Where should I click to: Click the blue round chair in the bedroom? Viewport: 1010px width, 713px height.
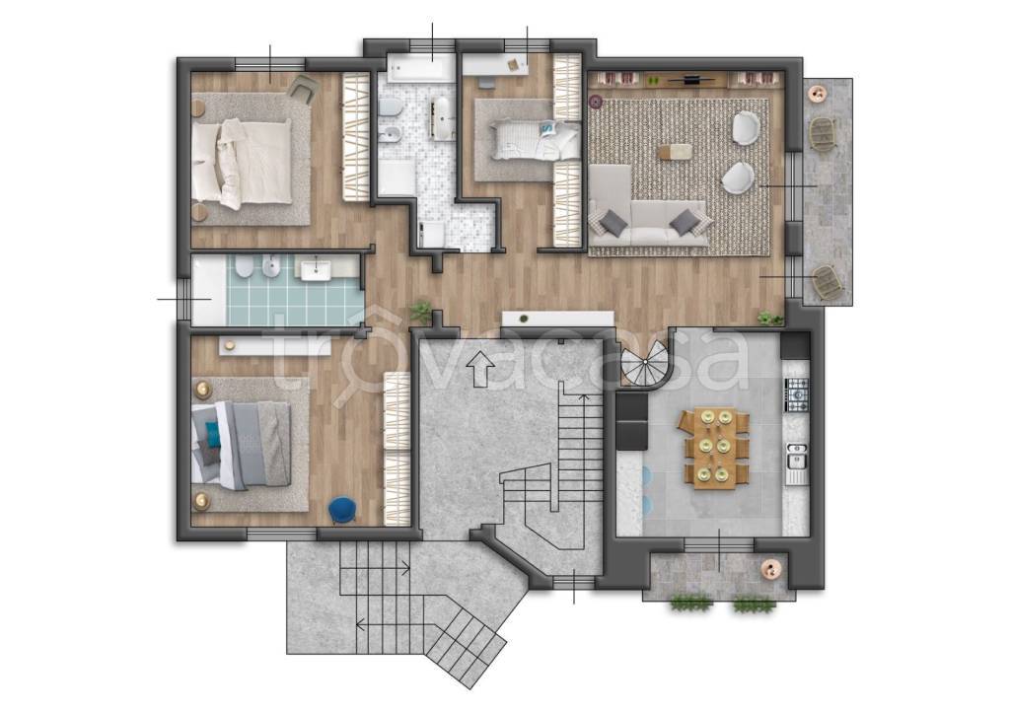click(x=343, y=510)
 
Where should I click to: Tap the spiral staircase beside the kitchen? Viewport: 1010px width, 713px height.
click(x=645, y=365)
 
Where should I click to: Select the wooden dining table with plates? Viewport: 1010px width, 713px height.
click(x=714, y=449)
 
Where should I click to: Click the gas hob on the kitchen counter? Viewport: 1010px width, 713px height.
click(x=796, y=394)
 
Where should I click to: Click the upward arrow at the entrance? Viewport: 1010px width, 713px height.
click(x=480, y=369)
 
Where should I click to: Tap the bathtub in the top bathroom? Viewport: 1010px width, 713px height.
click(x=420, y=68)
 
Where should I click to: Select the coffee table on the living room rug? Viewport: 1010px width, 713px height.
click(x=675, y=152)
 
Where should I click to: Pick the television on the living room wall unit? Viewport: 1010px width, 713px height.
click(x=691, y=80)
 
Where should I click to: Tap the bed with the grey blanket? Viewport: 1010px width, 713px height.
click(x=241, y=445)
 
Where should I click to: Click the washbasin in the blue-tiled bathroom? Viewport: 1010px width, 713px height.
click(x=316, y=269)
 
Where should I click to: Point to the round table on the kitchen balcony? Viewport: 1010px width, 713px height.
click(x=770, y=570)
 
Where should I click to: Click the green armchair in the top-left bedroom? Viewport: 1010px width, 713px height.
click(x=305, y=88)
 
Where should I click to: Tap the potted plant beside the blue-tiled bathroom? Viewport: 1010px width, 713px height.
click(x=420, y=312)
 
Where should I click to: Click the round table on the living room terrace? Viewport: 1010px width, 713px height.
click(x=820, y=94)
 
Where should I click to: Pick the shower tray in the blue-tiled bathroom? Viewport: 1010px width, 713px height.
click(x=209, y=292)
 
